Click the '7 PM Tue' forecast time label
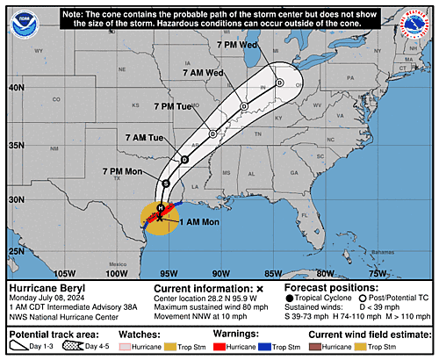tap(173, 106)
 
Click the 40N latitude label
tap(15, 88)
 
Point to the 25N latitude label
tap(15, 251)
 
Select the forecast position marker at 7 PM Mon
tap(166, 183)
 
